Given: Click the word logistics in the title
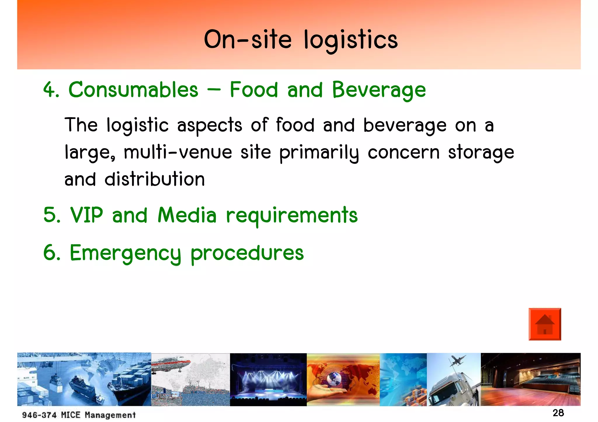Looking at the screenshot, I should pos(350,40).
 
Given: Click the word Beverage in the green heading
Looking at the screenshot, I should pos(379,90).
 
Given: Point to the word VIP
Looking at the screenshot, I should pos(87,215).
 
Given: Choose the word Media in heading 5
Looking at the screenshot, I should pos(187,215).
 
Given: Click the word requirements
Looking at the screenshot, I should pos(292,216).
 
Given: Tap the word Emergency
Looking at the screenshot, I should pos(125,253).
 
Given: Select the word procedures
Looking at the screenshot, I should pos(247,253).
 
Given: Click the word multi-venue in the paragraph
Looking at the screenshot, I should pos(178,153).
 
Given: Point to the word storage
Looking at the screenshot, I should pos(481,153).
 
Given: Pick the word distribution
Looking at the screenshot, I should pos(155,179).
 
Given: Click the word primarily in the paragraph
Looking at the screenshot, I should pos(319,153).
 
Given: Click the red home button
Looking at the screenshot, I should pos(545,324).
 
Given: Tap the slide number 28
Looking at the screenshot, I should pos(558,413).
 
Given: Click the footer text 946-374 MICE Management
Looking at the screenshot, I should pos(79,415).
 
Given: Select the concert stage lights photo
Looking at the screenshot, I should pos(268,379).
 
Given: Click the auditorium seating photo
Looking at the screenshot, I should pos(530,379).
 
